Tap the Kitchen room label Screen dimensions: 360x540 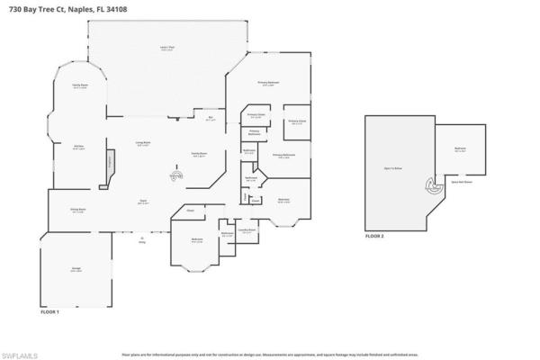(x=78, y=148)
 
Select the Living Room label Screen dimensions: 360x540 (x=142, y=144)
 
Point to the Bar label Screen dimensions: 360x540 (x=211, y=118)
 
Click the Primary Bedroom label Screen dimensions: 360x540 (x=268, y=84)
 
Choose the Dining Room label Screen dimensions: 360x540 (x=77, y=211)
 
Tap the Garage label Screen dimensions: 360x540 (x=76, y=270)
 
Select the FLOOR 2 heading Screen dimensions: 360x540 (x=373, y=237)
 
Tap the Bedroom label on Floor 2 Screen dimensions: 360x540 (x=460, y=150)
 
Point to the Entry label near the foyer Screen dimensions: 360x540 (x=142, y=238)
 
